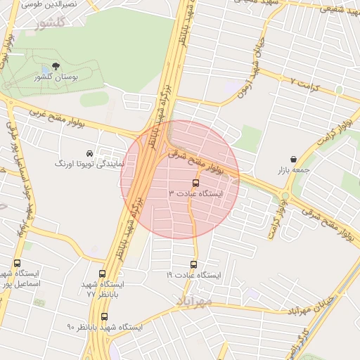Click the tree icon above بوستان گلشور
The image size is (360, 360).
(x=56, y=66)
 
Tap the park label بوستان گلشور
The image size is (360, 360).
(x=56, y=77)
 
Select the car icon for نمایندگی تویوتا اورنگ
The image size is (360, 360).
(x=89, y=153)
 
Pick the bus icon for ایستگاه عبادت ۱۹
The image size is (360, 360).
(x=193, y=264)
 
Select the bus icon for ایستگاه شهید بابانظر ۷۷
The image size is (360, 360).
(x=103, y=274)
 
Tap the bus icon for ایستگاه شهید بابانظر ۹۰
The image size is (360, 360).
(x=104, y=316)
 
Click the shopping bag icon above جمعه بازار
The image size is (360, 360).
(x=292, y=160)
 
